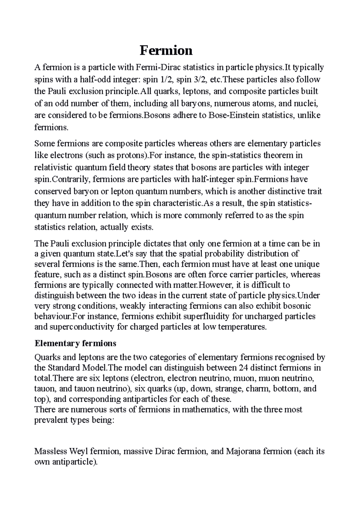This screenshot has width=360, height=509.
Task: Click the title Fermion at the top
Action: coord(166,51)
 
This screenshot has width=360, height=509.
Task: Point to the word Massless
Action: coord(51,451)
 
